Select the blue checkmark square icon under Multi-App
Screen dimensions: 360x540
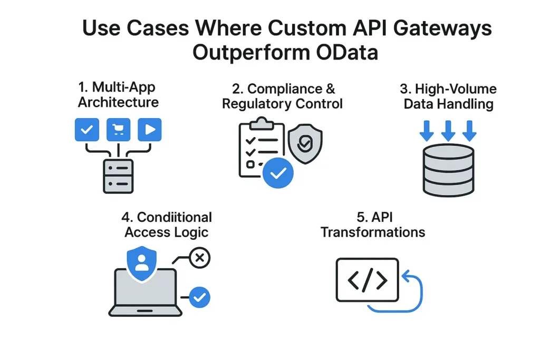click(x=87, y=129)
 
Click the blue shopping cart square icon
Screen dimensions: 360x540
click(x=118, y=129)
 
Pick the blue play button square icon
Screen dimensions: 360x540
click(x=149, y=129)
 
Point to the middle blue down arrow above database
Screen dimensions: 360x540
click(x=448, y=130)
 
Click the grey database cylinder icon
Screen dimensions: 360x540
click(x=448, y=170)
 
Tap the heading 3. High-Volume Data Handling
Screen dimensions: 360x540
click(x=448, y=96)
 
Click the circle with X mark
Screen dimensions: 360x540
click(x=199, y=258)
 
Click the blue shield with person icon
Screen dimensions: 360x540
click(x=142, y=262)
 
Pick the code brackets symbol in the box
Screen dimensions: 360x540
click(x=368, y=280)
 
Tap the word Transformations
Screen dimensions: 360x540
click(x=373, y=232)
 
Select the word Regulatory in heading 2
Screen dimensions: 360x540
click(x=254, y=103)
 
